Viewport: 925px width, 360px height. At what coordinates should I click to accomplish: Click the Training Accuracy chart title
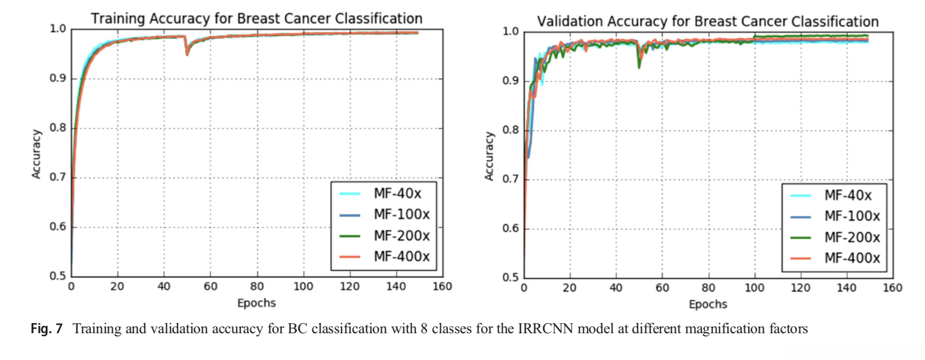tap(256, 18)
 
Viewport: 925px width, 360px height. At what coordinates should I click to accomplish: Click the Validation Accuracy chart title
tap(708, 21)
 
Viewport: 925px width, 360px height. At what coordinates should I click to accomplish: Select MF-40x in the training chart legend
tap(397, 193)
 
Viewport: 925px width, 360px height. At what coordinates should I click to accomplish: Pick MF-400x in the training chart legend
tap(401, 257)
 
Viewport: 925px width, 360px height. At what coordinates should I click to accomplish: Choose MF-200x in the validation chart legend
tap(852, 237)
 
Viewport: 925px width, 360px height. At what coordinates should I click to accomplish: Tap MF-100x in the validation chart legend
tap(852, 216)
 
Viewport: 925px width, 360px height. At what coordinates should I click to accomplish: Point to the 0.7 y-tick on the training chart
tap(58, 178)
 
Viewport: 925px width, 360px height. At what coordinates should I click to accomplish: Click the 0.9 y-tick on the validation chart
tap(510, 81)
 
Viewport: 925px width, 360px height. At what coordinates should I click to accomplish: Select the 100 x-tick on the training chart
tap(303, 286)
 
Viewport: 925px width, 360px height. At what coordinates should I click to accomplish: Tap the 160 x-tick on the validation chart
tap(892, 288)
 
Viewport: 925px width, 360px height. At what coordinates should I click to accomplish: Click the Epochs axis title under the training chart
tap(256, 303)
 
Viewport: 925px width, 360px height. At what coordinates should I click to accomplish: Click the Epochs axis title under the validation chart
tap(708, 304)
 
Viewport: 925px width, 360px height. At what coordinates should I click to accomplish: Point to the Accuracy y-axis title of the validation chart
tap(489, 156)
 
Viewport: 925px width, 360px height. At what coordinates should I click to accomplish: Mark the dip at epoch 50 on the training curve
tap(187, 54)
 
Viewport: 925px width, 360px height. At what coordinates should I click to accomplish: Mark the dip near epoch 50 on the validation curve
tap(640, 66)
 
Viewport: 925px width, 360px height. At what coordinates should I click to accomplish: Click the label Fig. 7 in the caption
tap(47, 329)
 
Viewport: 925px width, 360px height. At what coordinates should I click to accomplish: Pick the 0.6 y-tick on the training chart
tap(58, 227)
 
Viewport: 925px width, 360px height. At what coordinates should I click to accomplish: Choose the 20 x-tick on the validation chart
tap(569, 288)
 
